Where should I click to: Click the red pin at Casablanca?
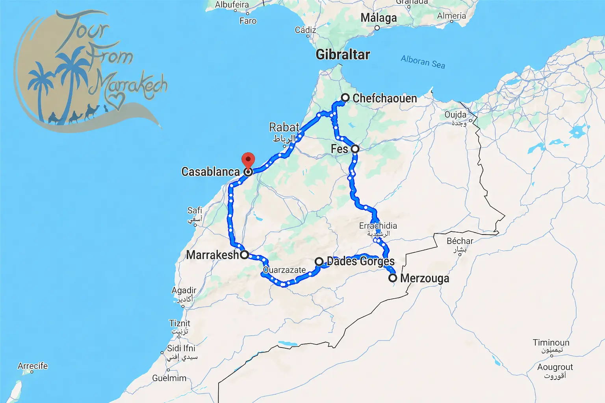click(x=248, y=161)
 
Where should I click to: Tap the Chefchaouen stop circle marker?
click(x=345, y=98)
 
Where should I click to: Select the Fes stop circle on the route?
click(x=355, y=149)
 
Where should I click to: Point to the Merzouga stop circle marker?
click(x=393, y=278)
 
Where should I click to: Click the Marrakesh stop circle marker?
click(x=244, y=254)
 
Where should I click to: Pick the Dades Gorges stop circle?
click(x=319, y=261)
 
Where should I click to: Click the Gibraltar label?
click(x=343, y=54)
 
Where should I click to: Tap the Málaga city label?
click(x=379, y=18)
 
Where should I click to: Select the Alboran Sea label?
click(x=423, y=62)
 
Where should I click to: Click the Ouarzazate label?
click(x=284, y=270)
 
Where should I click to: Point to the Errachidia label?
click(x=378, y=226)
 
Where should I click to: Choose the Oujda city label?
click(x=455, y=115)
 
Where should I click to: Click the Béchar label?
click(x=460, y=241)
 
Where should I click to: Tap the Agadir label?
click(x=184, y=290)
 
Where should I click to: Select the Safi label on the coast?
click(x=195, y=211)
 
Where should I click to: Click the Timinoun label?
click(x=551, y=342)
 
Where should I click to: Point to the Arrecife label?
click(x=33, y=366)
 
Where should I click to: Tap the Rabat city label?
click(x=284, y=128)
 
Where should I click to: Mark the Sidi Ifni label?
click(x=181, y=348)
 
